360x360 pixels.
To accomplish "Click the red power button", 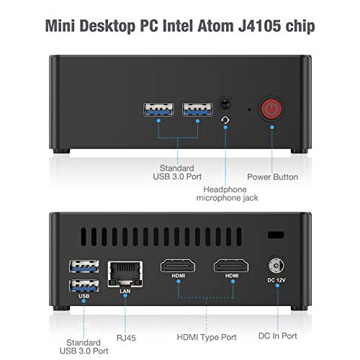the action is point(271,109).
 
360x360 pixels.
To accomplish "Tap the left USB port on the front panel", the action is point(158,109).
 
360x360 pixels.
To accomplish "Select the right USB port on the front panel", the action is point(197,109).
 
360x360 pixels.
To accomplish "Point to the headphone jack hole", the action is point(225,104).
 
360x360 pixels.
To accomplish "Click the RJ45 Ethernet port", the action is point(125,274).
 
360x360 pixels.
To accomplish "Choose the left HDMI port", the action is point(178,266).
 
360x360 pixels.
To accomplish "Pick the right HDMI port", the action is point(231,266).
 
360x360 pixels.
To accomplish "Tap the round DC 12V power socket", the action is point(276,266).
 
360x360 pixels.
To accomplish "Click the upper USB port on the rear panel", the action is point(84,266).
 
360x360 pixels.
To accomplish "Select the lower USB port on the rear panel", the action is point(84,286).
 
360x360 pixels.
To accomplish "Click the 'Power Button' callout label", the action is point(273,177).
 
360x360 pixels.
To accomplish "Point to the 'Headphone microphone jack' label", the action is point(227,194).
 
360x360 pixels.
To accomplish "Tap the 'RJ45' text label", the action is point(126,338).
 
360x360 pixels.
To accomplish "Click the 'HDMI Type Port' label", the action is point(207,337).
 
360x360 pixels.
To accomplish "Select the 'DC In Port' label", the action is point(278,336).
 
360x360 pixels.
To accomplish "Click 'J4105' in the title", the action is point(259,26).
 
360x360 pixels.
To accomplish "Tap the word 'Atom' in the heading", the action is point(215,26).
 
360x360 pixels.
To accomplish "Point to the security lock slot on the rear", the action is point(276,235).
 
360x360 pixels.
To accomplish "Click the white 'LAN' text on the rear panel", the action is point(125,291).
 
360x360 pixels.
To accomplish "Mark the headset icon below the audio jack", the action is point(225,120).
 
